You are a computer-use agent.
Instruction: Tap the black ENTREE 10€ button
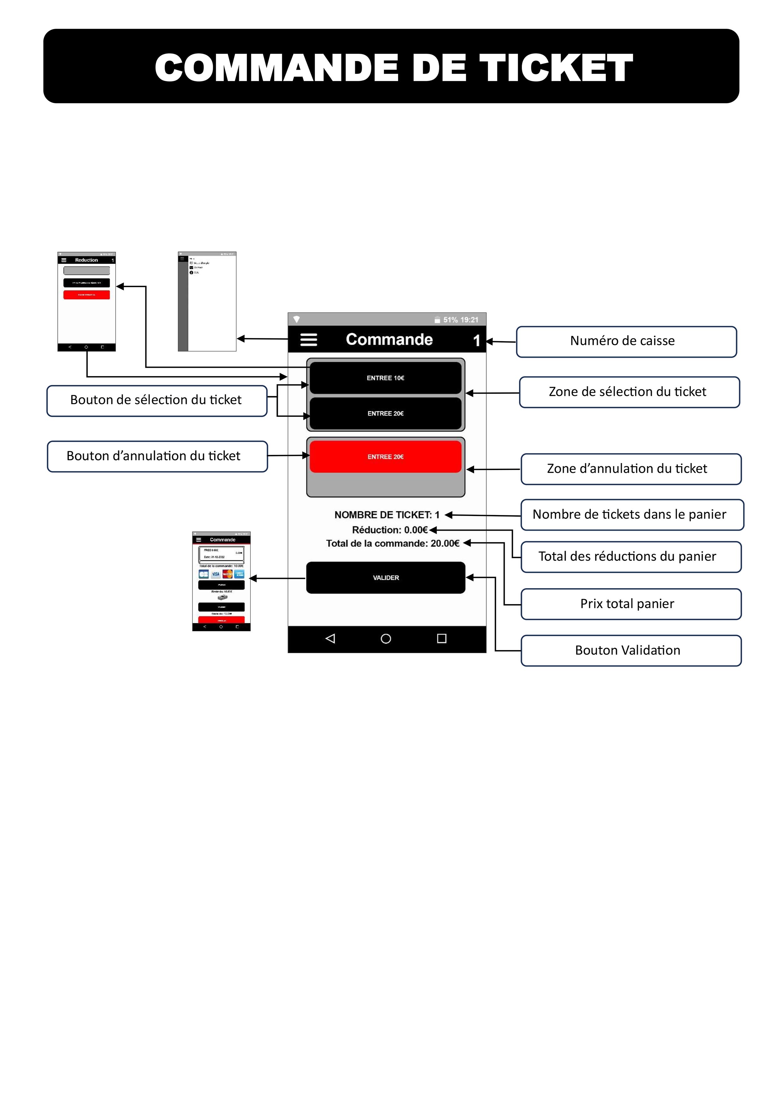pyautogui.click(x=385, y=378)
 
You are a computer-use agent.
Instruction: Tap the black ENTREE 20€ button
pyautogui.click(x=385, y=413)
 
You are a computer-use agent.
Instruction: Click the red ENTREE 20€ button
pyautogui.click(x=385, y=457)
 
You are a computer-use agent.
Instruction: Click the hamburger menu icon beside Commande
pyautogui.click(x=309, y=340)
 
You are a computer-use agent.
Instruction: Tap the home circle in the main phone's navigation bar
pyautogui.click(x=386, y=639)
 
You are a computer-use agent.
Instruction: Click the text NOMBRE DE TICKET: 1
pyautogui.click(x=386, y=515)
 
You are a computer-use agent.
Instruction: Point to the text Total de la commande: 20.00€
pyautogui.click(x=393, y=543)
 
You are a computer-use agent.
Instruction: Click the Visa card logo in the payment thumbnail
pyautogui.click(x=216, y=574)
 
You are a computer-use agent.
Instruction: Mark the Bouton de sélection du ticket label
pyautogui.click(x=156, y=400)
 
